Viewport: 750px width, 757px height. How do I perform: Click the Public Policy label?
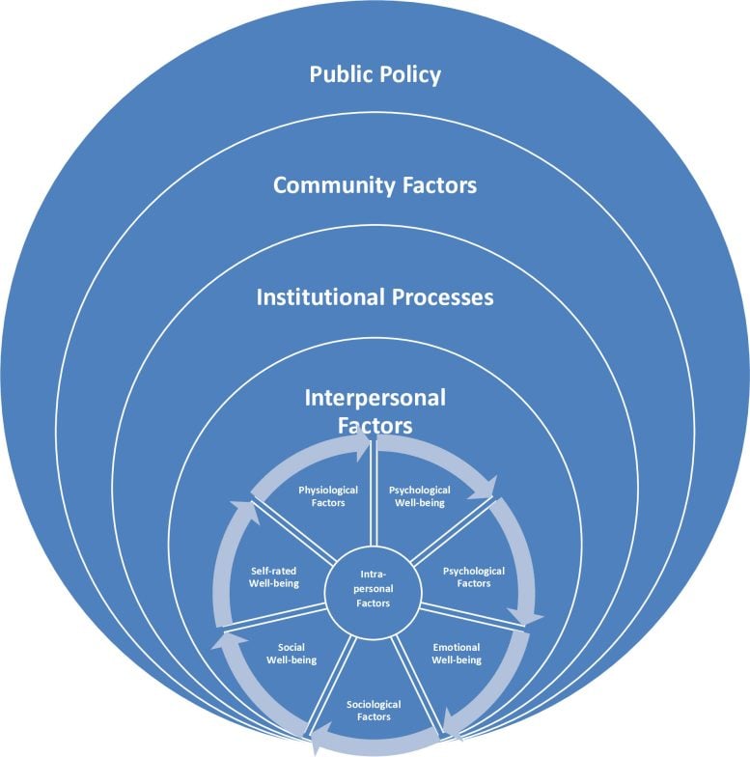(375, 73)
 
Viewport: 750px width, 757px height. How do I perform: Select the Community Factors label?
(375, 184)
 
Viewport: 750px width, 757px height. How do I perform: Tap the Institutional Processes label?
(375, 296)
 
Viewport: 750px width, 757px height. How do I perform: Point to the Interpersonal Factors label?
(374, 410)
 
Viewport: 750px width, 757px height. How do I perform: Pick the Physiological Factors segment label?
(321, 495)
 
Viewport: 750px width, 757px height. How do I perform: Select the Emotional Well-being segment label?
(457, 653)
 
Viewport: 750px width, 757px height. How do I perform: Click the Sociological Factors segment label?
(374, 711)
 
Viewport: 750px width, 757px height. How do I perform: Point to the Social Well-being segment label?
(291, 653)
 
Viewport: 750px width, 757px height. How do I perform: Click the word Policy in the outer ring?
(407, 73)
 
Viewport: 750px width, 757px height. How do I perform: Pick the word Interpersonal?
(374, 397)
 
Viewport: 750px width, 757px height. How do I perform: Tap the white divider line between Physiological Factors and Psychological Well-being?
(374, 502)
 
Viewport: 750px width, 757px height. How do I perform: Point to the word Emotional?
(457, 646)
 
